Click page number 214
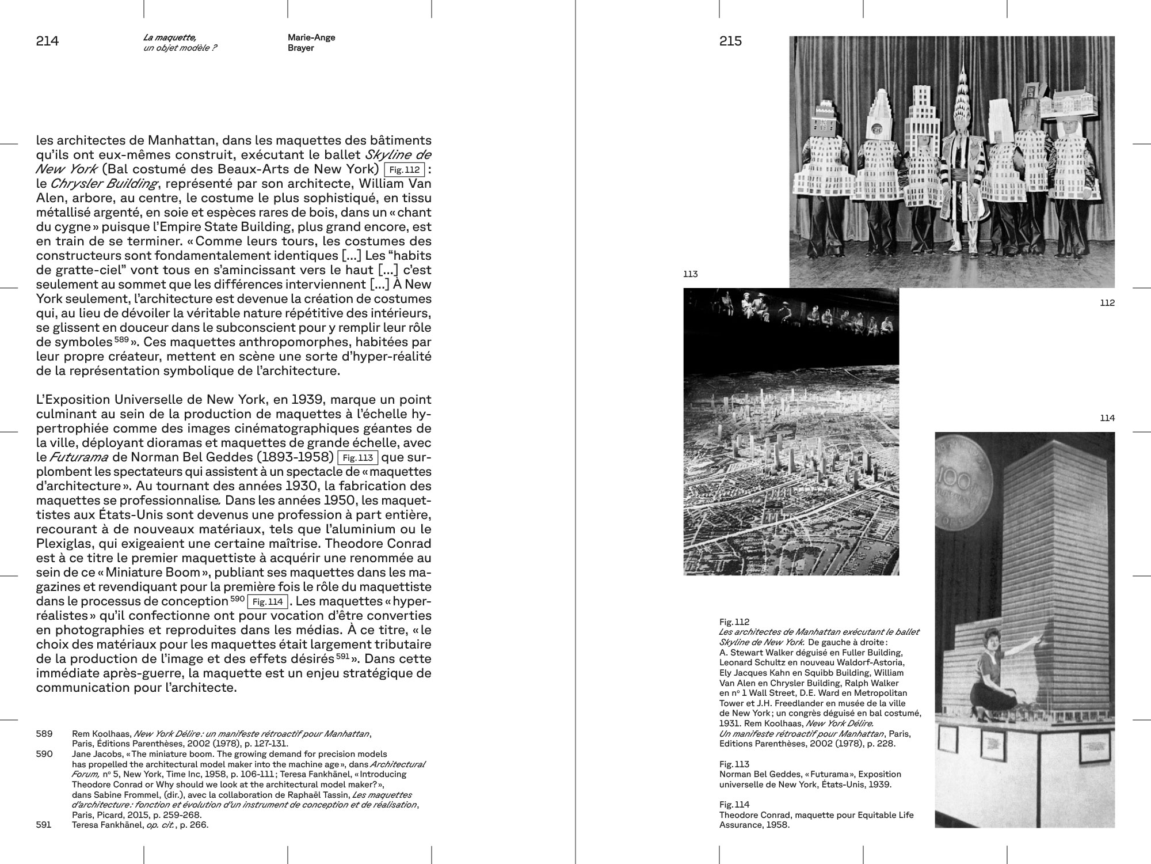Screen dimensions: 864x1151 click(x=47, y=41)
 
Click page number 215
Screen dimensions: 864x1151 click(x=730, y=41)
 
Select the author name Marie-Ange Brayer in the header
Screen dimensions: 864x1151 click(x=311, y=43)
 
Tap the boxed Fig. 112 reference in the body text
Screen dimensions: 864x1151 click(x=404, y=170)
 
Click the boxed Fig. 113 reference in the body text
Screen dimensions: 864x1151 click(x=357, y=458)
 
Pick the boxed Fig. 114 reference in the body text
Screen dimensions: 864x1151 click(x=268, y=602)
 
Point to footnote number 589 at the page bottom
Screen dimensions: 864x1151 click(x=44, y=734)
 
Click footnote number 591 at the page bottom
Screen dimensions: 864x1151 click(x=44, y=825)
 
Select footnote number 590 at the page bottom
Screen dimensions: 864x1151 click(x=44, y=754)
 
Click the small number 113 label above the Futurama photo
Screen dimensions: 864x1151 click(x=690, y=274)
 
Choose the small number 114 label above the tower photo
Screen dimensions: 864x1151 click(x=1107, y=418)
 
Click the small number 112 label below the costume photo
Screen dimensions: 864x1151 click(x=1107, y=303)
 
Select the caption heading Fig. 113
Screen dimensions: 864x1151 click(x=734, y=764)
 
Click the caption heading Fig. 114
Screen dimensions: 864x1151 click(x=734, y=805)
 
